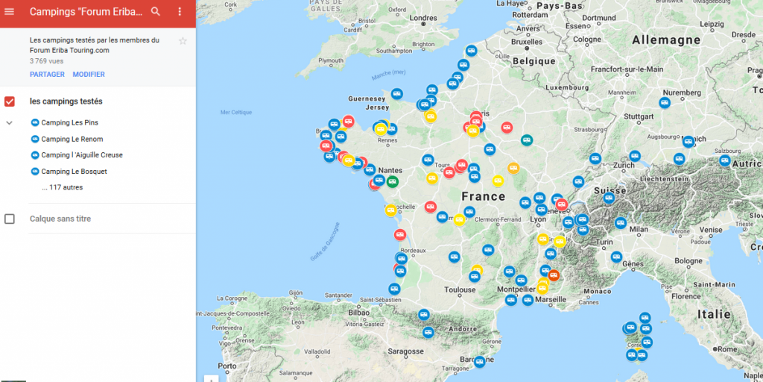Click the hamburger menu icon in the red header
pos(10,12)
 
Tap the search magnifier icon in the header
pos(155,12)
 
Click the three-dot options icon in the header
pos(180,12)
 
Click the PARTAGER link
pos(47,75)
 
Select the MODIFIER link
pos(89,75)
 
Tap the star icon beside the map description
pos(183,41)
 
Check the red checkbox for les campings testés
pos(10,101)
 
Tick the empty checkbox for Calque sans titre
pos(10,219)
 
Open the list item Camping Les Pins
pos(69,122)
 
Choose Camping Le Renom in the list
pos(72,139)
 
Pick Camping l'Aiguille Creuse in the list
pos(81,155)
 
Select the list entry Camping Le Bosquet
pos(74,172)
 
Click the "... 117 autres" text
pos(63,187)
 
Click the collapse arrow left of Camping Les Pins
pos(10,122)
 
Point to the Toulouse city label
pos(460,289)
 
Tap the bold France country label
pos(483,197)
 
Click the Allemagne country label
pos(666,40)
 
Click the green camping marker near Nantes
pos(393,181)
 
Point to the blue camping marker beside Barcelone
pos(479,361)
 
